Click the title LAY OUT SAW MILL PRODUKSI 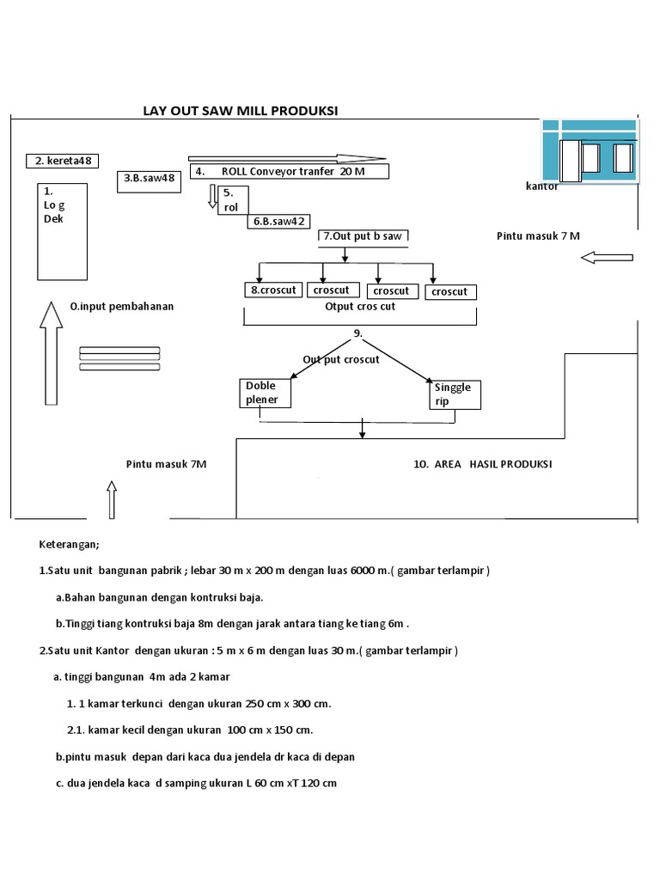240,111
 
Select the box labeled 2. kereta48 64,161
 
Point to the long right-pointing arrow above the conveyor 287,158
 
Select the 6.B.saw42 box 278,221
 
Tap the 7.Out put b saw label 362,235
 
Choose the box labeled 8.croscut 272,290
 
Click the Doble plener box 266,393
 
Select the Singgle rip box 454,394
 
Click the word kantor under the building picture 541,186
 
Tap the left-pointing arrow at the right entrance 607,257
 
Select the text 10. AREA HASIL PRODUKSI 482,464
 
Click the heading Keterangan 70,544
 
